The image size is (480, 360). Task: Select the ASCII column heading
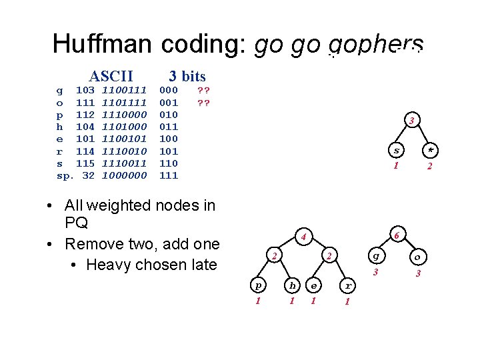(x=111, y=76)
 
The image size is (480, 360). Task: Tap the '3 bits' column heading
(x=187, y=76)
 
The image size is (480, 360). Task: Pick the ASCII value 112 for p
(x=85, y=114)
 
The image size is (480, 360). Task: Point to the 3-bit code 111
(x=169, y=175)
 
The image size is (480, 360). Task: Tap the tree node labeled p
(x=258, y=285)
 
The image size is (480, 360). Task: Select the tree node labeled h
(x=291, y=285)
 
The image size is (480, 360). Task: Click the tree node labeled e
(x=313, y=285)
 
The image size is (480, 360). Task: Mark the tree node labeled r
(x=347, y=285)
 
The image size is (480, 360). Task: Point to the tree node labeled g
(x=377, y=255)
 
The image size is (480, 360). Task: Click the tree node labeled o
(x=417, y=256)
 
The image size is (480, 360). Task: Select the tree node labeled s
(x=396, y=149)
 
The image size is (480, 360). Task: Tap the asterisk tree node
(x=430, y=149)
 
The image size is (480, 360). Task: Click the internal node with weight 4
(x=303, y=236)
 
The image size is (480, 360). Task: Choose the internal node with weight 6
(x=397, y=235)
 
